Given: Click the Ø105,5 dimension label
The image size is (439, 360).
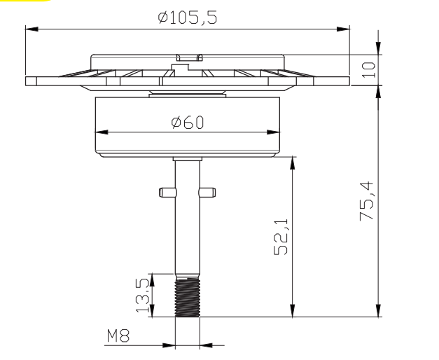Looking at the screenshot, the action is tap(188, 18).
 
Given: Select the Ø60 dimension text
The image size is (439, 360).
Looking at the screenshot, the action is tap(188, 123).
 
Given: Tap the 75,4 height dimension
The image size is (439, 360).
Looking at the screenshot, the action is tap(367, 201).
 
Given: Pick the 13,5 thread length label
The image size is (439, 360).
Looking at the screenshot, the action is tap(142, 296).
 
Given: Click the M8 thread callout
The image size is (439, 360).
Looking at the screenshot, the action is tap(118, 335).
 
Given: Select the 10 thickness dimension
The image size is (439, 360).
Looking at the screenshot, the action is tap(368, 70).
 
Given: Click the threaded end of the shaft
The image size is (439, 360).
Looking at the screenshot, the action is tap(188, 298).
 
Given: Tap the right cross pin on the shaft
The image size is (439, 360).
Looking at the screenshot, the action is tap(207, 193).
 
